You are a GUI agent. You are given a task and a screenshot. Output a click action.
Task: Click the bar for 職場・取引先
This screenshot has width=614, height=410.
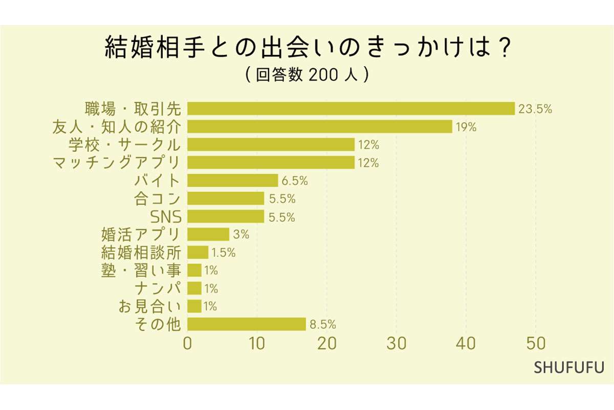pyautogui.click(x=351, y=109)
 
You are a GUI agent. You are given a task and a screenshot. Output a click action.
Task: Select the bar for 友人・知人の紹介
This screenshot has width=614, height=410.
pyautogui.click(x=320, y=127)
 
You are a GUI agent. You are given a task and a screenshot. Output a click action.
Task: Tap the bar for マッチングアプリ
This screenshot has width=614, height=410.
pyautogui.click(x=271, y=162)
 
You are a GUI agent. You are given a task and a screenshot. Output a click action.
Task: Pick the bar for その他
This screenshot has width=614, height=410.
pyautogui.click(x=247, y=324)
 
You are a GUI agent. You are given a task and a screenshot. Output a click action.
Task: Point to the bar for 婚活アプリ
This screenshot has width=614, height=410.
pyautogui.click(x=208, y=234)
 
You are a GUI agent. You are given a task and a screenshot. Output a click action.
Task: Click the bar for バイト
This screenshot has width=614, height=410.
pyautogui.click(x=233, y=180)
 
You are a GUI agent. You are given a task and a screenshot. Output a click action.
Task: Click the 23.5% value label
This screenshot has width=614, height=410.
pyautogui.click(x=535, y=109)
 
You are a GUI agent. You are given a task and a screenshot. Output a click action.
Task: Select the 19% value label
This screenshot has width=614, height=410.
pyautogui.click(x=466, y=127)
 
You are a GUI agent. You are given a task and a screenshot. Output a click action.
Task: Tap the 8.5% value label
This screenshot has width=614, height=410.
pyautogui.click(x=322, y=324)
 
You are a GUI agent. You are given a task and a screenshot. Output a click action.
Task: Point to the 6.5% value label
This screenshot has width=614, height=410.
pyautogui.click(x=294, y=181)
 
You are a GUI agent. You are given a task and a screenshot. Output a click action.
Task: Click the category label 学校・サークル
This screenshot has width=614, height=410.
pyautogui.click(x=124, y=145)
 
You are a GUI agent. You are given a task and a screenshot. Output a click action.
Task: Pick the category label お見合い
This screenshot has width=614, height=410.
pyautogui.click(x=149, y=306)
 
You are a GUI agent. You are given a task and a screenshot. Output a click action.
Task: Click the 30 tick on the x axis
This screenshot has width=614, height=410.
pyautogui.click(x=397, y=343)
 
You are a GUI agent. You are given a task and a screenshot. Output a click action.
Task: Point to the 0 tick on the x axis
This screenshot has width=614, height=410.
pyautogui.click(x=187, y=343)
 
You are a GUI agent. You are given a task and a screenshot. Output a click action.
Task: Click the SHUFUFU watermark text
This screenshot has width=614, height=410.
pyautogui.click(x=569, y=367)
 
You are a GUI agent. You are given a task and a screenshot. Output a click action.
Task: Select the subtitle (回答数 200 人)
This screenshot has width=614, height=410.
pyautogui.click(x=307, y=75)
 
